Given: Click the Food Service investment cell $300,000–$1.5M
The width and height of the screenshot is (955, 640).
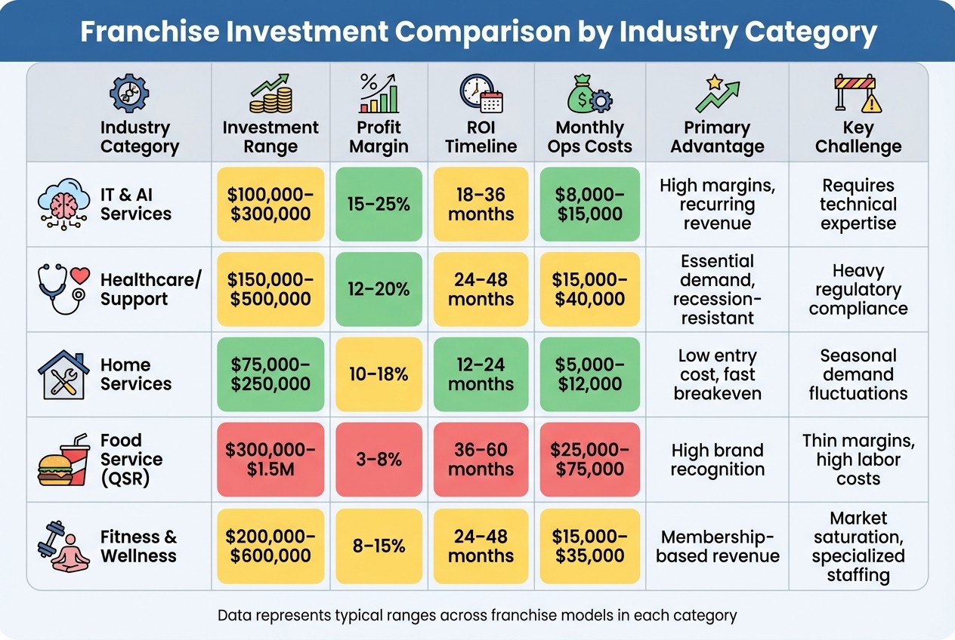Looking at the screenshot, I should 270,460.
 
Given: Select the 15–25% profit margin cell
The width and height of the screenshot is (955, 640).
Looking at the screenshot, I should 379,205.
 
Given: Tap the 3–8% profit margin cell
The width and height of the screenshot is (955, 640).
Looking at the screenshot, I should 379,460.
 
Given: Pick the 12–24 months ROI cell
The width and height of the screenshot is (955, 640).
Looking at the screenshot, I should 481,374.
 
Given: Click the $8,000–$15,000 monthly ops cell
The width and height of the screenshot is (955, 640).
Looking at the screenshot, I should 589,205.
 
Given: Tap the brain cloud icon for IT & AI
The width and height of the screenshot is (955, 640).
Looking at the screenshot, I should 63,204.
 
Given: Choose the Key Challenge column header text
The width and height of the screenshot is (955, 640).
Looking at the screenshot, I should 858,137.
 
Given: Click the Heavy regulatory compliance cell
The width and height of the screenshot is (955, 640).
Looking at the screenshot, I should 858,290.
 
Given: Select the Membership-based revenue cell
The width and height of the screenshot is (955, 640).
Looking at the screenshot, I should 717,546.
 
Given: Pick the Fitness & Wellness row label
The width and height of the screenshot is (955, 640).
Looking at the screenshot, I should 138,546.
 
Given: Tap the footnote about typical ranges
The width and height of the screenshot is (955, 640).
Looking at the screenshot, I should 477,615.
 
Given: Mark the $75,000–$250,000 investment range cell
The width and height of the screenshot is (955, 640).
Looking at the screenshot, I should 270,374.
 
